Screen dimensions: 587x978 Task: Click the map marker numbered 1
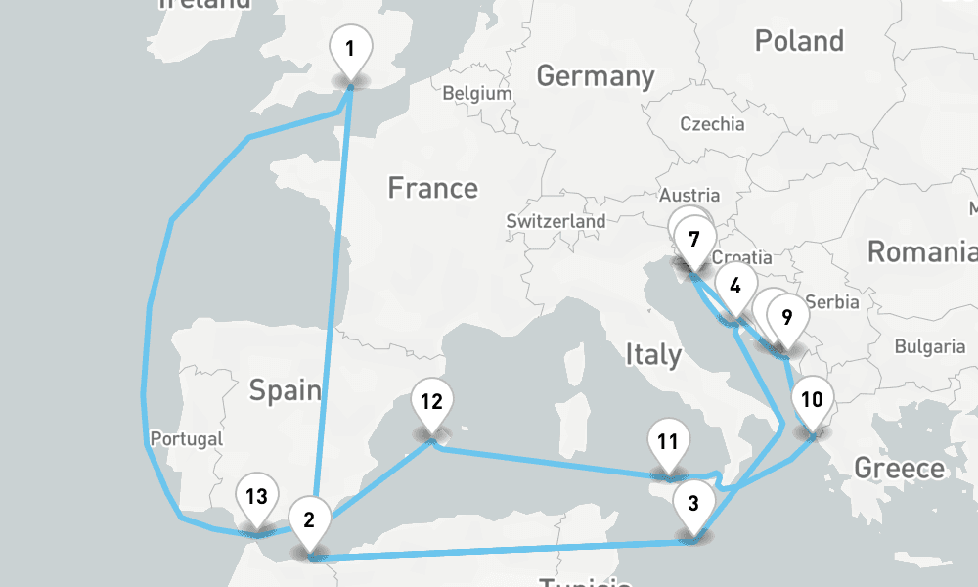pos(351,47)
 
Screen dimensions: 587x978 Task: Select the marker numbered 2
pos(309,519)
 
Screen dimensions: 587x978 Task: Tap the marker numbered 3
pos(693,505)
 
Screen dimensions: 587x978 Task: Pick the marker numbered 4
pos(734,287)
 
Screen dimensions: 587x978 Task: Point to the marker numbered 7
pos(694,239)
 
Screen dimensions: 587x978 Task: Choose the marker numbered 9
pos(786,316)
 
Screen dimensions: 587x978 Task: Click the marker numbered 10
pos(812,399)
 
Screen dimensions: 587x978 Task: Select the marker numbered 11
pos(668,441)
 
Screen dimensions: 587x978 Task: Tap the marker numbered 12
pos(432,400)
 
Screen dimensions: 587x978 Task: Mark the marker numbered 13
pos(256,496)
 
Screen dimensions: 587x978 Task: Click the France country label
pos(432,187)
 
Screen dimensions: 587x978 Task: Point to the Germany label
pos(595,75)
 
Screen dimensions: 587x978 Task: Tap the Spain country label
pos(285,390)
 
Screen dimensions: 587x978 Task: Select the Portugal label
pos(187,438)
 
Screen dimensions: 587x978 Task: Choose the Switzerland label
pos(556,222)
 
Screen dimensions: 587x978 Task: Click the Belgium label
pos(477,94)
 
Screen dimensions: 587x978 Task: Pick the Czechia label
pos(712,124)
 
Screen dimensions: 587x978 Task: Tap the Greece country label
pos(900,468)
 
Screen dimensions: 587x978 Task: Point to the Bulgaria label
pos(930,346)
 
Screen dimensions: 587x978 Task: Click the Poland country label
pos(799,41)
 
